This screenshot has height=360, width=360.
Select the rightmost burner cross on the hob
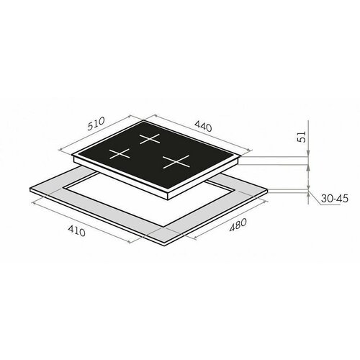174,162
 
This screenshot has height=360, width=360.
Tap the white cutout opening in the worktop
144,198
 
